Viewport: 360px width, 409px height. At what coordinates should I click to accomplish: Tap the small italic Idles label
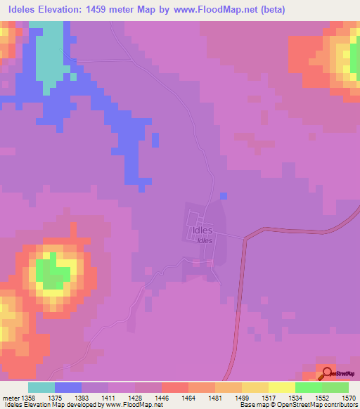click(x=205, y=240)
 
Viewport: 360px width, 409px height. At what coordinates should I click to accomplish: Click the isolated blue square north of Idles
click(x=224, y=195)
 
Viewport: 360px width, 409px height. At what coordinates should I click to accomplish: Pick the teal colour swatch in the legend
click(x=41, y=387)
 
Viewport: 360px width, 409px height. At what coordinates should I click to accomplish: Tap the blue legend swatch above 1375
click(x=68, y=387)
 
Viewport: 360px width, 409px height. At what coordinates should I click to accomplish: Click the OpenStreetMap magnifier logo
click(x=327, y=373)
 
